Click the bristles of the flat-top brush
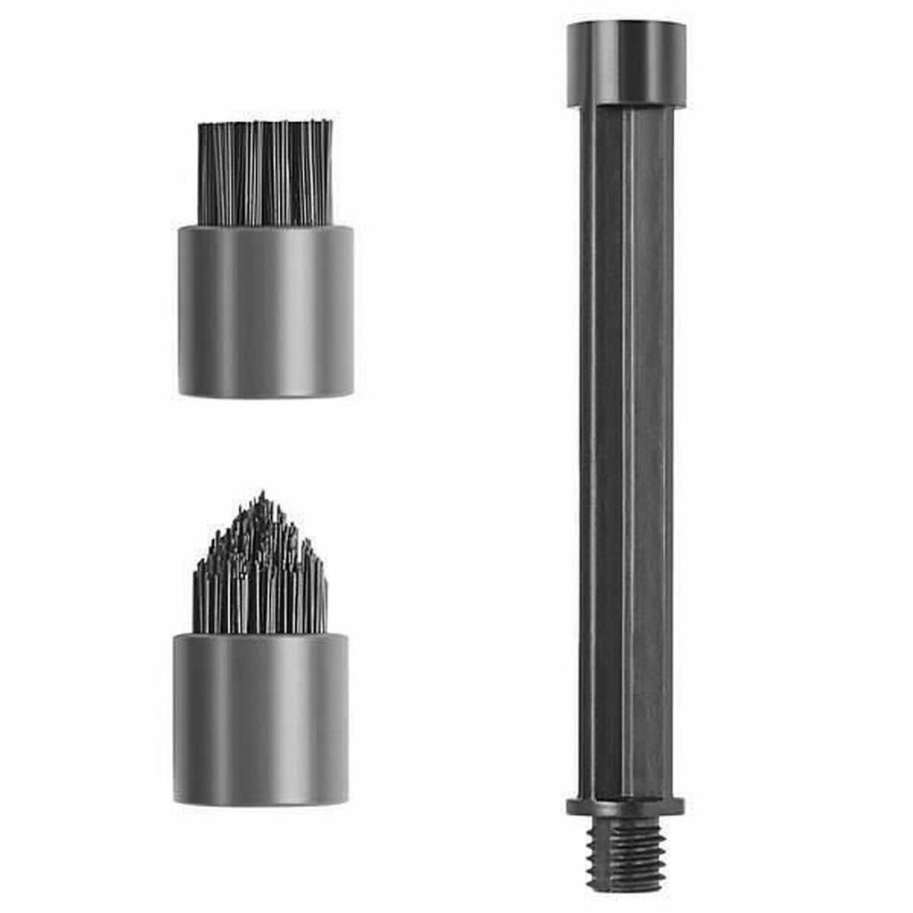tap(265, 174)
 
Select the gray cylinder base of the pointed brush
tap(260, 719)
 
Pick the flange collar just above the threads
tap(626, 807)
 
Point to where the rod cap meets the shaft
tap(626, 107)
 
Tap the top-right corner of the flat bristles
tap(332, 122)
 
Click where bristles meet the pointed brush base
tap(260, 634)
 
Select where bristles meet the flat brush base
tap(266, 226)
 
